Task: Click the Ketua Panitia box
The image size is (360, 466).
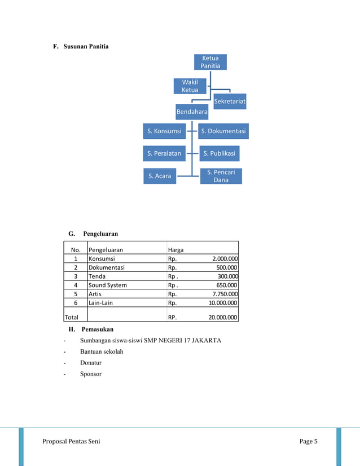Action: click(x=210, y=62)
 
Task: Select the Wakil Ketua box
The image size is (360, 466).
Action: click(x=190, y=86)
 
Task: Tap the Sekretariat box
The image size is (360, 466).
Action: click(x=230, y=102)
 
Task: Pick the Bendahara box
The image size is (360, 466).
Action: click(x=192, y=112)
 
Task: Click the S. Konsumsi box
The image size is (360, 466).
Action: click(x=164, y=131)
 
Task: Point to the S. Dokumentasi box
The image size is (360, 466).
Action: click(x=223, y=131)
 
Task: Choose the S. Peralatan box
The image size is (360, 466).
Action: click(x=164, y=153)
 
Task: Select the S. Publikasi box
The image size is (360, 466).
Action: click(x=219, y=153)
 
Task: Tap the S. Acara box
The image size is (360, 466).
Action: click(x=160, y=176)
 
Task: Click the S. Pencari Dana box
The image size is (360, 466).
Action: click(x=221, y=176)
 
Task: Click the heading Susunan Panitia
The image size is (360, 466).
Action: click(x=86, y=46)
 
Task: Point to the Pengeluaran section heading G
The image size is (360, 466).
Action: click(x=100, y=232)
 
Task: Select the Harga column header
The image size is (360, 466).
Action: click(x=176, y=249)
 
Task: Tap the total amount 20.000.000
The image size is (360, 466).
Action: click(x=223, y=317)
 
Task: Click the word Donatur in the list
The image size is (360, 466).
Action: click(x=92, y=363)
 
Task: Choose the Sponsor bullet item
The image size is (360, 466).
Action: click(x=91, y=373)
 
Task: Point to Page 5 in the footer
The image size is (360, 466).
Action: click(x=308, y=441)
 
